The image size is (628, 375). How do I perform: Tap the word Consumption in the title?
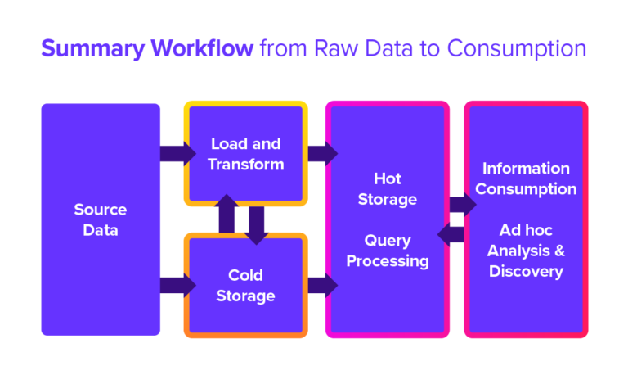click(x=518, y=49)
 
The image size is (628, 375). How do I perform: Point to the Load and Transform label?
click(x=245, y=154)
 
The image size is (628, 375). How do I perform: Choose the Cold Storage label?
click(x=245, y=286)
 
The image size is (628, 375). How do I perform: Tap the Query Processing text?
click(x=388, y=251)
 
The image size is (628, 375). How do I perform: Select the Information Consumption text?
click(x=526, y=178)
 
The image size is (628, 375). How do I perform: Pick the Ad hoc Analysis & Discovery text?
click(x=526, y=250)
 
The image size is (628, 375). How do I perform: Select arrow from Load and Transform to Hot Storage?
click(x=321, y=153)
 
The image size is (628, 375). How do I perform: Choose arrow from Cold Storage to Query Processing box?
click(x=321, y=285)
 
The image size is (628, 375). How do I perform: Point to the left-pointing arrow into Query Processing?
click(x=452, y=235)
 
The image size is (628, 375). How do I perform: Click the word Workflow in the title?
click(x=202, y=49)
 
